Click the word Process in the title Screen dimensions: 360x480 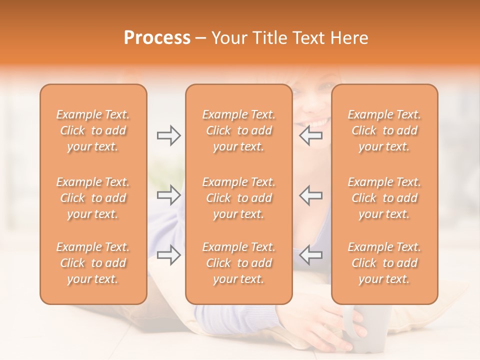tap(157, 38)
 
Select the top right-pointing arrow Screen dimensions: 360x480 tap(168, 135)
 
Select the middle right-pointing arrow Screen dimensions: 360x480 tap(168, 195)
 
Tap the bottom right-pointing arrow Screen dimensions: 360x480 tap(168, 255)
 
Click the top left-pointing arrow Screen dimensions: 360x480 tap(311, 135)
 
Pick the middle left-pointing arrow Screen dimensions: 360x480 tap(311, 195)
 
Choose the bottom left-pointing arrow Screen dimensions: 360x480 tap(311, 255)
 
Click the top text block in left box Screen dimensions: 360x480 tap(93, 130)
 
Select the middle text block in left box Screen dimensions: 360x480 tap(93, 198)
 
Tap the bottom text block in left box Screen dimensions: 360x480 tap(93, 263)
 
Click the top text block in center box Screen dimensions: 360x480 tap(238, 130)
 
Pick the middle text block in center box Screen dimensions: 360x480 tap(238, 198)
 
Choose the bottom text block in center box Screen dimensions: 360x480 tap(238, 263)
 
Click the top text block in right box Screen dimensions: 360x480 tap(384, 130)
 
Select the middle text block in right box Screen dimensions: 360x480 tap(384, 198)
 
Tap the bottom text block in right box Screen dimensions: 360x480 tap(384, 263)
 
